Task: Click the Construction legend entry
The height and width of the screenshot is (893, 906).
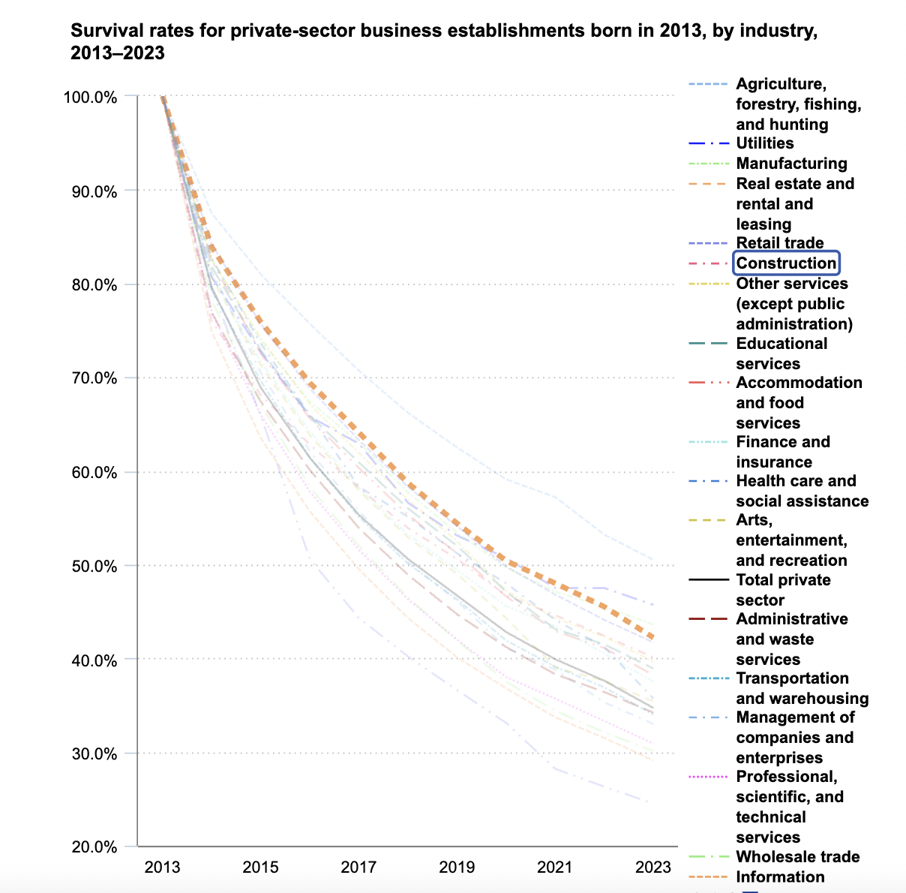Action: coord(786,263)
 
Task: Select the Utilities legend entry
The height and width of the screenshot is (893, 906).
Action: coord(764,143)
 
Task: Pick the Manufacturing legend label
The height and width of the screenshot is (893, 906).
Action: coord(791,164)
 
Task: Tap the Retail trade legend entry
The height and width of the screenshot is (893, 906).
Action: coord(780,243)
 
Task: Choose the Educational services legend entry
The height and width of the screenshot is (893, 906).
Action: coord(781,353)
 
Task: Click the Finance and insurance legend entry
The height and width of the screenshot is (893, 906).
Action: coord(783,452)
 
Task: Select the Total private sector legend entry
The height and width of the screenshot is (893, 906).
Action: coord(783,590)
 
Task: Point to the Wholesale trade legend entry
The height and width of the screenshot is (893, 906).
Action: coord(797,857)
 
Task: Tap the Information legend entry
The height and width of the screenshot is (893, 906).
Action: coord(780,877)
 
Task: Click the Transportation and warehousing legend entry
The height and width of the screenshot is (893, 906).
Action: coord(802,688)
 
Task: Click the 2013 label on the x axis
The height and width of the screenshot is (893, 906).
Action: coord(162,867)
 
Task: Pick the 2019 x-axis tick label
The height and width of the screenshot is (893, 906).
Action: coord(457,867)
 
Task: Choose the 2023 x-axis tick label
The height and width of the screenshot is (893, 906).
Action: coord(653,867)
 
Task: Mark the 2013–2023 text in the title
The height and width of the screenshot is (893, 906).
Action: coord(117,53)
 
